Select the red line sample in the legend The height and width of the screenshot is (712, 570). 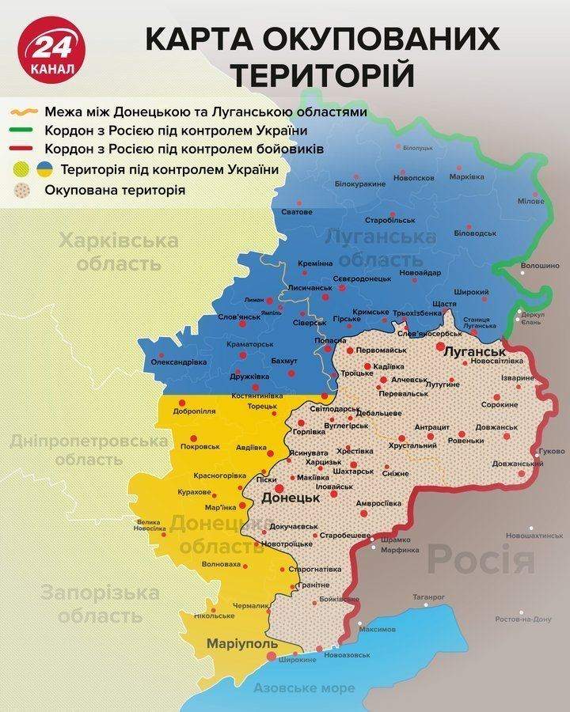point(23,150)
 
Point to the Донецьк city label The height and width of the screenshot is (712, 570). point(290,498)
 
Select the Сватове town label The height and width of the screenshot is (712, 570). point(297,212)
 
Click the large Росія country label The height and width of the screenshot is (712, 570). point(481,560)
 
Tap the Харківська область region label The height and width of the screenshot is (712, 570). point(117,252)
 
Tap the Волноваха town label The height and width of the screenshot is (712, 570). point(222,564)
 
